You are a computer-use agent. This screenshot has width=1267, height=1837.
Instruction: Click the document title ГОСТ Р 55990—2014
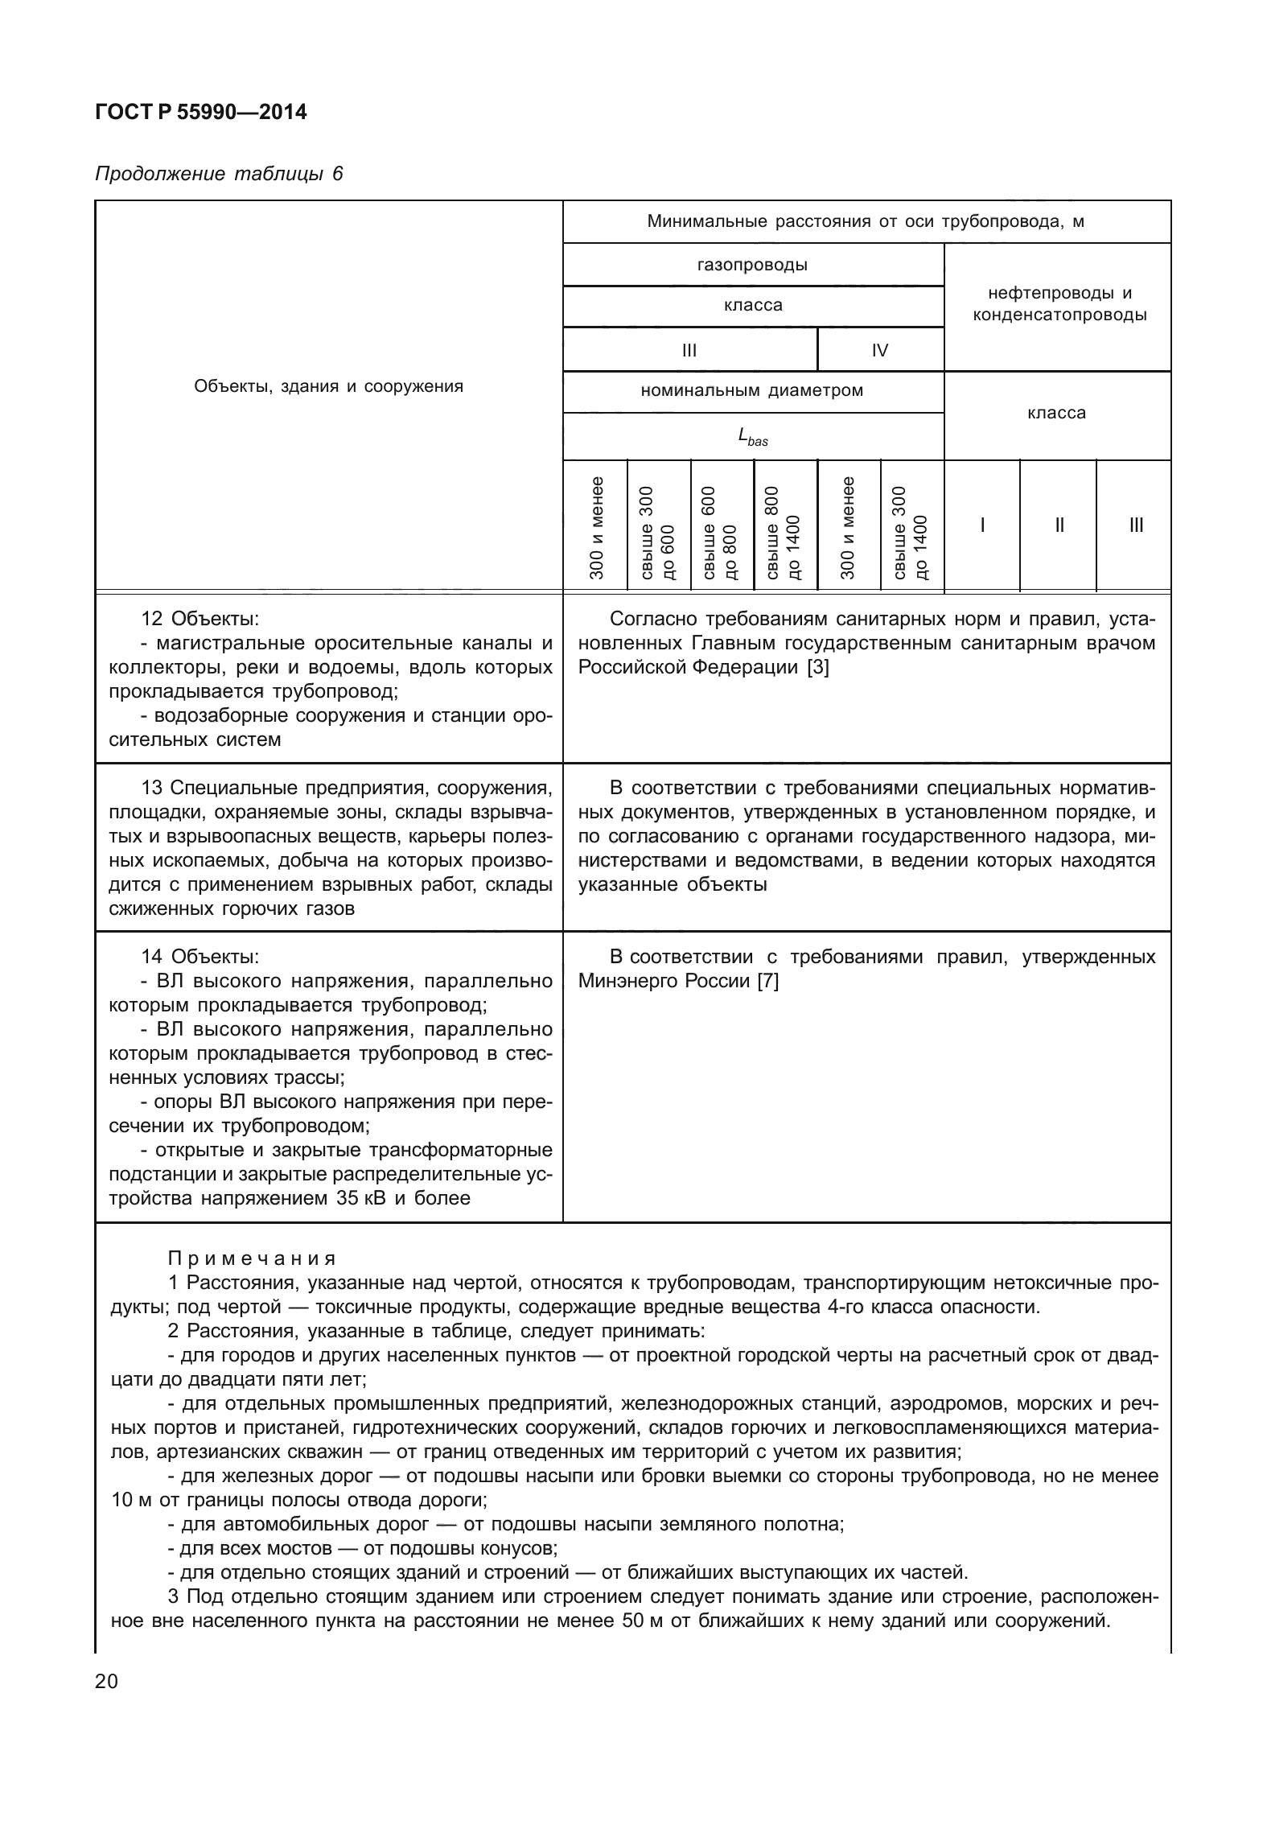click(x=200, y=112)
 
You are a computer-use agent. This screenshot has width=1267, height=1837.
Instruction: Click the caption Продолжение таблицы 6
click(x=219, y=174)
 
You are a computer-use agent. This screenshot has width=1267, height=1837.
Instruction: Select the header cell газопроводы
click(x=752, y=265)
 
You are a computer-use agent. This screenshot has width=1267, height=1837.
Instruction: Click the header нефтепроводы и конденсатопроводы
click(x=1059, y=305)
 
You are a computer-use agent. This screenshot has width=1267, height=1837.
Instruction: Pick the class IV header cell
click(x=880, y=350)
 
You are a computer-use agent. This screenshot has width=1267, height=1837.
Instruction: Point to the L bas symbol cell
click(x=752, y=437)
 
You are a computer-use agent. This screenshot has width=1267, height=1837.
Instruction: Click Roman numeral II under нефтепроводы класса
click(x=1059, y=525)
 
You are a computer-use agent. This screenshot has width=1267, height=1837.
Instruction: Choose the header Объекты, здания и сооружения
click(x=328, y=386)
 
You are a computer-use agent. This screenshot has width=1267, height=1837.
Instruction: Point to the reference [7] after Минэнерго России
click(x=767, y=981)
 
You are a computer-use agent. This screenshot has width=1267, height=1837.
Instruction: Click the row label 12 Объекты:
click(x=200, y=619)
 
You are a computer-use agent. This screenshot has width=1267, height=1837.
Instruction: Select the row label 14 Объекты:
click(x=200, y=957)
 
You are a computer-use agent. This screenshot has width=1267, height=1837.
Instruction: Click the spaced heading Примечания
click(x=252, y=1258)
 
